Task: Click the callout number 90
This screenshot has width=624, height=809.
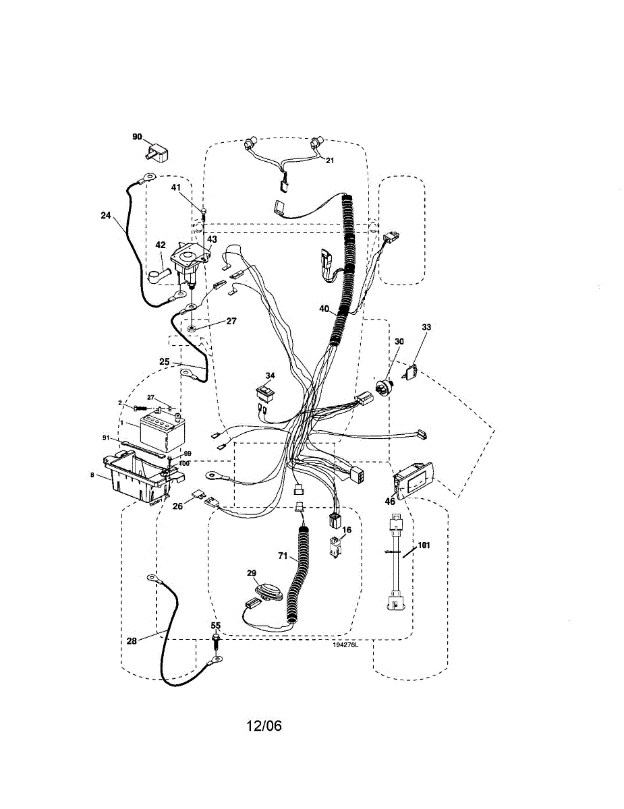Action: point(137,137)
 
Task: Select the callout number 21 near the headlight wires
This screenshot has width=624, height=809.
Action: point(330,160)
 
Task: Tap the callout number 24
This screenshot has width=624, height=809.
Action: point(106,216)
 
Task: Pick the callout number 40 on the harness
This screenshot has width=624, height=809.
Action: point(324,309)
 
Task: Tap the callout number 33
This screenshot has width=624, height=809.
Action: point(426,328)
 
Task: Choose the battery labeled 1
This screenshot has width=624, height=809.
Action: point(161,432)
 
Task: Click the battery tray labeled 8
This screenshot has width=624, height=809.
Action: point(135,479)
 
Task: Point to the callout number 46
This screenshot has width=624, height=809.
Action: point(390,502)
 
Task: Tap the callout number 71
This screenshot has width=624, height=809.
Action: point(283,558)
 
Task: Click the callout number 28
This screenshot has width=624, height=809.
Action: point(132,641)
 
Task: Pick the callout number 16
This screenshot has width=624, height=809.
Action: point(346,531)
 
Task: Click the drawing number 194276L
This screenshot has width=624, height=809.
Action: point(345,645)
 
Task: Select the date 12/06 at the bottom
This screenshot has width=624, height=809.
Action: point(264,726)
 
